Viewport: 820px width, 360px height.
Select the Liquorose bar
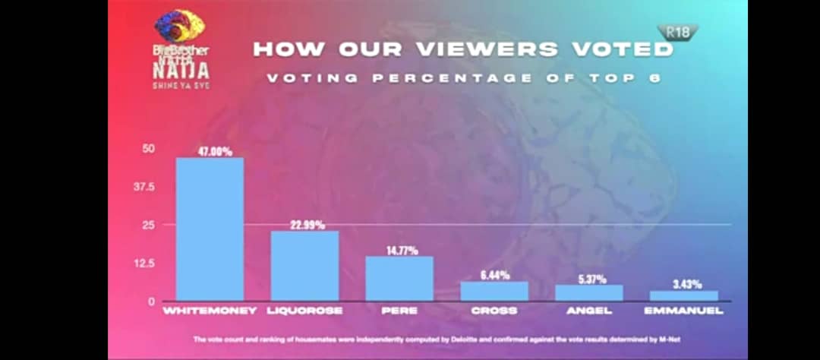pos(304,265)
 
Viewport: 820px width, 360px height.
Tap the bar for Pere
pos(399,278)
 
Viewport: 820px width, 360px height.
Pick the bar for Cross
pos(494,291)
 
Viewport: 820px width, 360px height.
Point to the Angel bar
pos(589,292)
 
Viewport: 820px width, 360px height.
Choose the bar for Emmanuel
pos(684,295)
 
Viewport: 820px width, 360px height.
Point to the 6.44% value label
pos(495,275)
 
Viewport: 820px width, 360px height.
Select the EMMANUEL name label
pos(683,311)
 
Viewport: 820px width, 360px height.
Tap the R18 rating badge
pos(677,32)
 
